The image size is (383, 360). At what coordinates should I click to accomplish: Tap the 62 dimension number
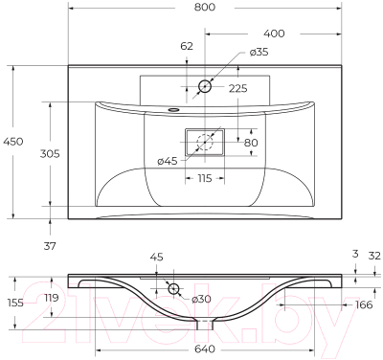click(186, 45)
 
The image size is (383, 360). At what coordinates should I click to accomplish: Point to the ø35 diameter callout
click(259, 52)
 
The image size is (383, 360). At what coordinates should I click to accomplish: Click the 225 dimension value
click(239, 88)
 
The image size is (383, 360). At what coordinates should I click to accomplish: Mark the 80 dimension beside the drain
click(250, 144)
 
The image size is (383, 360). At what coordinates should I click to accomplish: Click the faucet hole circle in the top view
click(204, 87)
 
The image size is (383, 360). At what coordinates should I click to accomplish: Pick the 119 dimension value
click(53, 298)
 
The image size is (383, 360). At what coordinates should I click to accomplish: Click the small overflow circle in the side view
click(174, 288)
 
